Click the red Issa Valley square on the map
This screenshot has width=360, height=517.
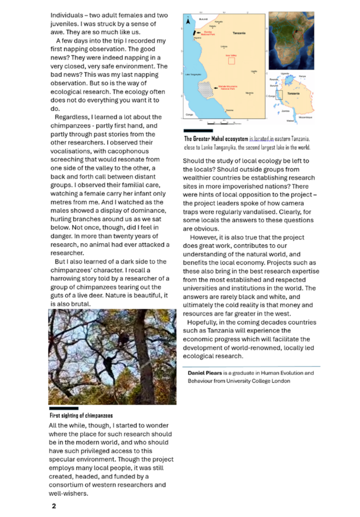[x=231, y=61]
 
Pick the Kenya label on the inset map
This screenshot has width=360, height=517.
[x=302, y=76]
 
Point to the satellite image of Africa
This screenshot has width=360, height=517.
[x=291, y=41]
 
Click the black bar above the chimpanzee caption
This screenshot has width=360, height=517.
[x=64, y=408]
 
